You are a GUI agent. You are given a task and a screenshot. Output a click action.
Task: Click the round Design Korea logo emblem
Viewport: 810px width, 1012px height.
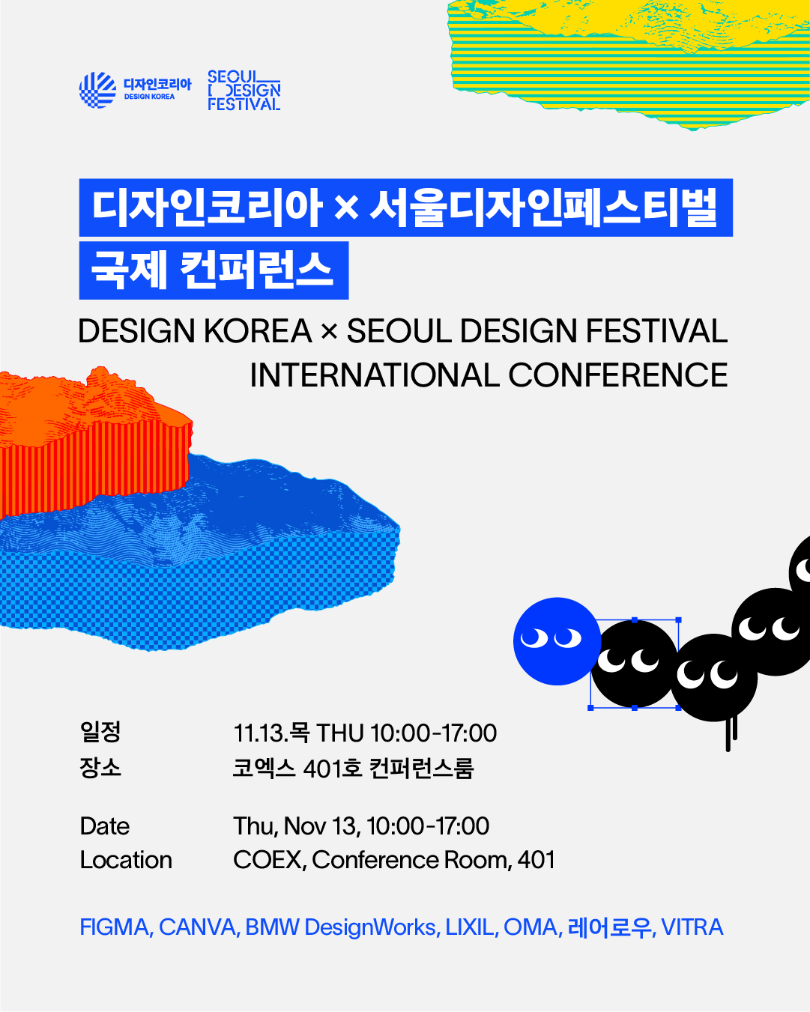pos(98,90)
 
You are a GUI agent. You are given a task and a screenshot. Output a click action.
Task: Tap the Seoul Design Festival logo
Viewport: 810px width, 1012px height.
pos(244,91)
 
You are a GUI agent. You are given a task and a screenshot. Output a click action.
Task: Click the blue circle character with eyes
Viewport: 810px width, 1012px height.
pos(557,641)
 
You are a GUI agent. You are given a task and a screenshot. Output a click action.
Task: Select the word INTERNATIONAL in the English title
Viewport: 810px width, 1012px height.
pos(375,375)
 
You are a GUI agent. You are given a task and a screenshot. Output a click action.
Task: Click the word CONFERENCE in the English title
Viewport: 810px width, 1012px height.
pos(618,375)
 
